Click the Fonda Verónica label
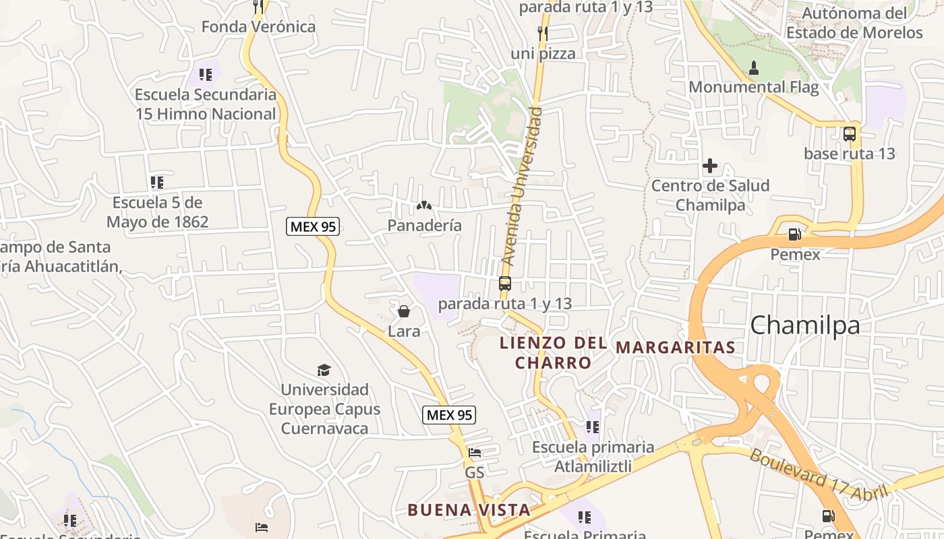tap(258, 27)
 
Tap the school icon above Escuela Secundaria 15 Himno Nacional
tap(206, 75)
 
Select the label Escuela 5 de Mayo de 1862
tap(157, 212)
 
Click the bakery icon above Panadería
tap(424, 205)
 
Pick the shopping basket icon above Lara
tap(404, 311)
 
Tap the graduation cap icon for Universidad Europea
tap(324, 370)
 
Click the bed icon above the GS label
tap(475, 453)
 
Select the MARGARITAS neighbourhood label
tap(676, 348)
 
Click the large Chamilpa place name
tap(805, 325)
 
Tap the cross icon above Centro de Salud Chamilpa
tap(710, 166)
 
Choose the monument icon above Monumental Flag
tap(754, 67)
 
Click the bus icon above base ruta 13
tap(850, 133)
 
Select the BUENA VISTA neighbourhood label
tap(469, 510)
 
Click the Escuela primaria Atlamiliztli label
tap(593, 456)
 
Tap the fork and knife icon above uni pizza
tap(543, 33)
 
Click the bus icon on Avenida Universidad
tap(505, 284)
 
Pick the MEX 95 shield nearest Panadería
tap(313, 226)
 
